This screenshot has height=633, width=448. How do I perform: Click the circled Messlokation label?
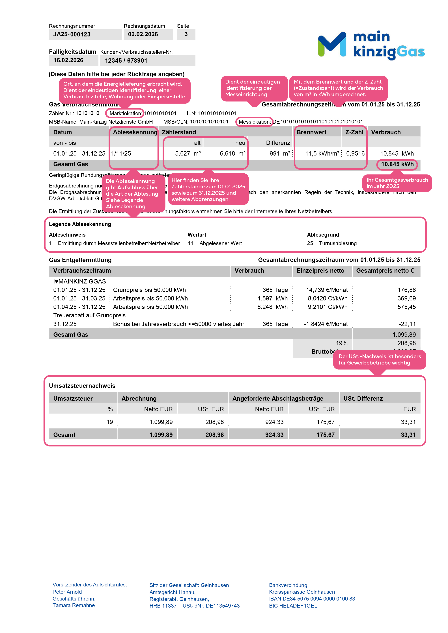[254, 122]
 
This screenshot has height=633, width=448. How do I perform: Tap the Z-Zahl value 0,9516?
[355, 154]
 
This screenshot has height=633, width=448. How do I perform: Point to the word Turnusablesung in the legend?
[338, 243]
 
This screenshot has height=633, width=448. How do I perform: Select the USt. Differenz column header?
[363, 398]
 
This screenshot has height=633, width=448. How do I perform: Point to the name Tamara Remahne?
[73, 605]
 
